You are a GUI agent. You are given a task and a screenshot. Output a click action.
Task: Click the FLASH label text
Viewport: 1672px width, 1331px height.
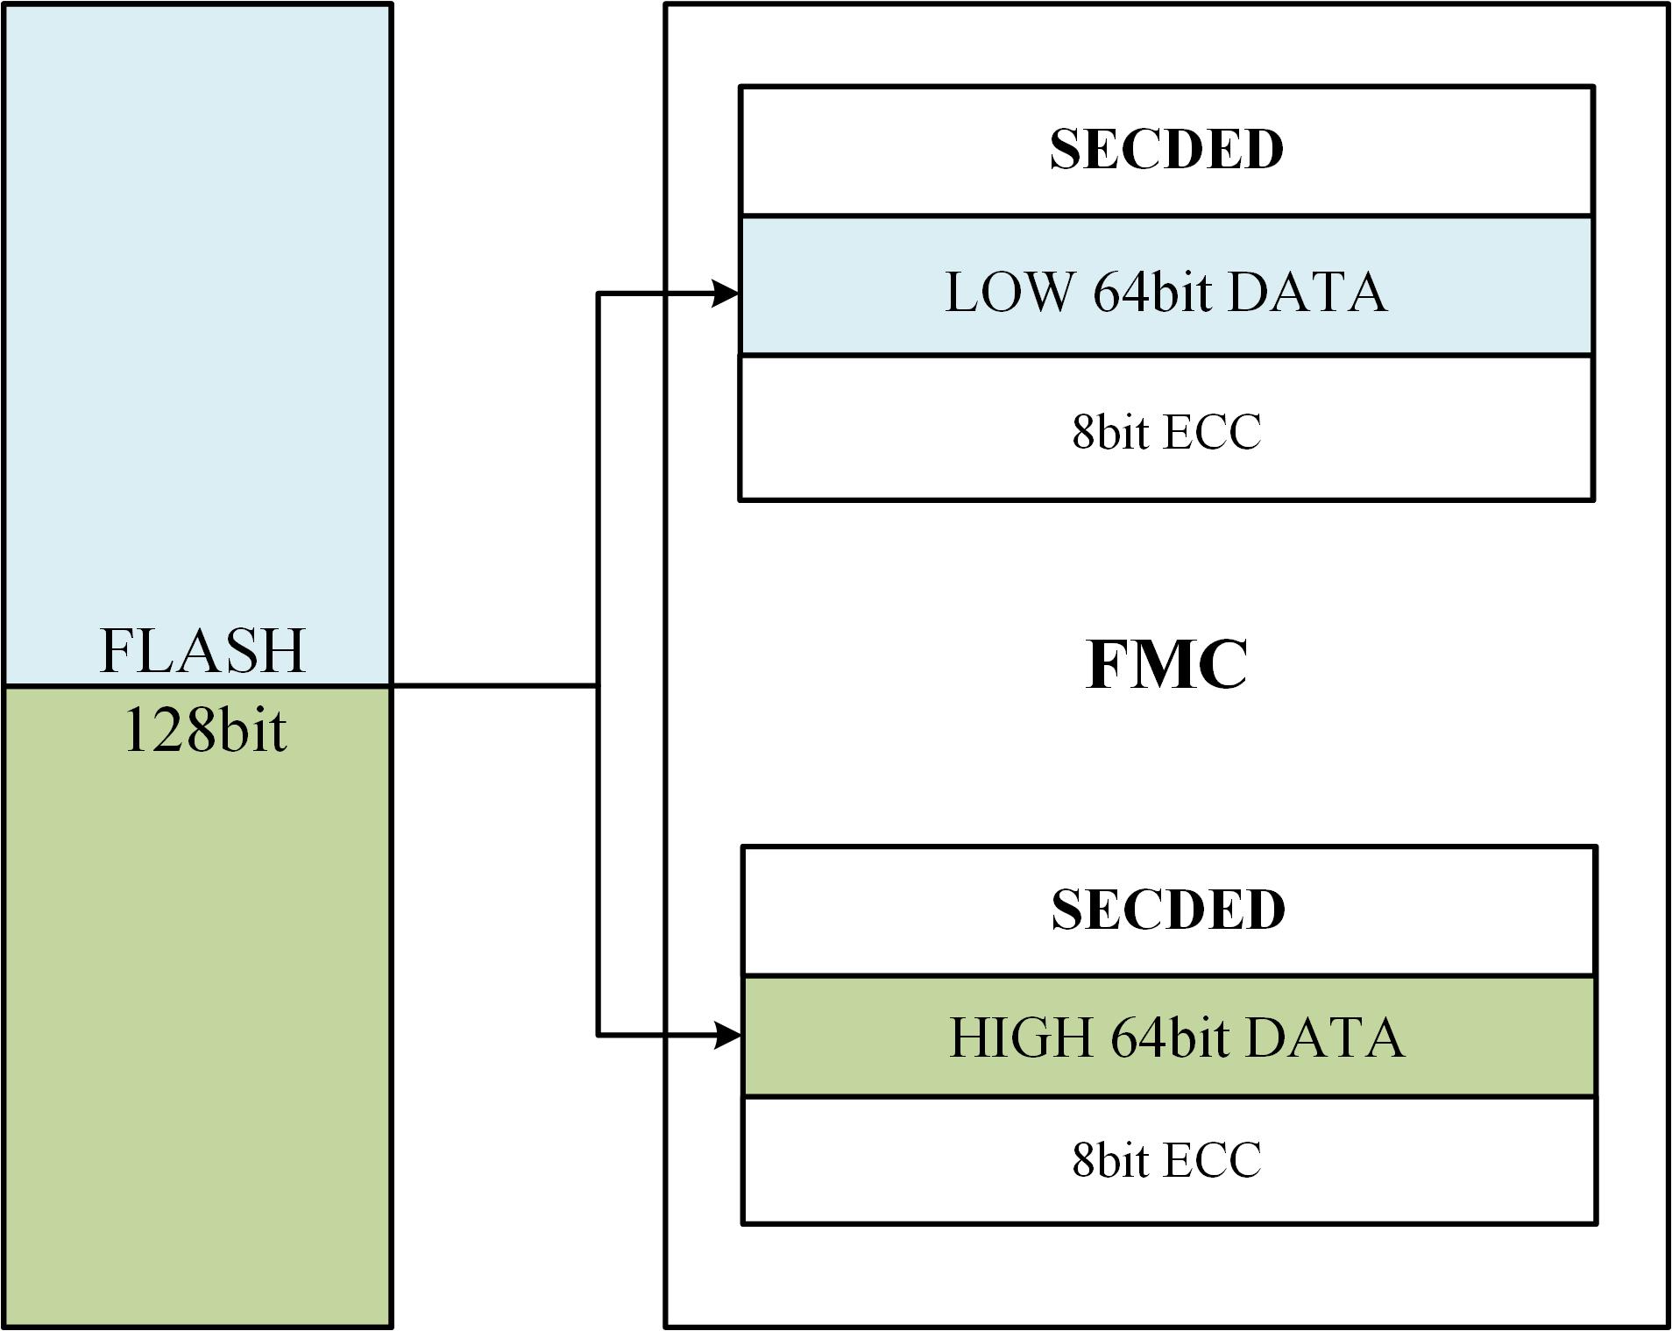(202, 650)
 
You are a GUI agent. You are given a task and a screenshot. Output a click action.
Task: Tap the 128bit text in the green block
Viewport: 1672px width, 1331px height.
(205, 730)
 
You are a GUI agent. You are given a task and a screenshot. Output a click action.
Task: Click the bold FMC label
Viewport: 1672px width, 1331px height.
(1166, 665)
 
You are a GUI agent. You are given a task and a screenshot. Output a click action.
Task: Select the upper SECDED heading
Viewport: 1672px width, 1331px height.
(1166, 149)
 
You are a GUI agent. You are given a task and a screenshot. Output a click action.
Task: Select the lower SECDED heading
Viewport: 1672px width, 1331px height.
(1168, 910)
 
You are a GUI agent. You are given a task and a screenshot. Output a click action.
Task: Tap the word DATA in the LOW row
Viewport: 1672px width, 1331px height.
(1307, 292)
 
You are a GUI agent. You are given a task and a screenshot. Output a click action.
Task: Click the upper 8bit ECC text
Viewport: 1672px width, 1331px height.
(1166, 431)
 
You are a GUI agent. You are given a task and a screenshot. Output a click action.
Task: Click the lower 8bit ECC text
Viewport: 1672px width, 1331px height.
(1166, 1159)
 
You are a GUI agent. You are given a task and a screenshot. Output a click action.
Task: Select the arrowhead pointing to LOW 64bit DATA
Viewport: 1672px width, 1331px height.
(726, 294)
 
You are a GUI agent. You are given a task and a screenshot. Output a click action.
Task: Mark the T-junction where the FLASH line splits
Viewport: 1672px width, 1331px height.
(598, 685)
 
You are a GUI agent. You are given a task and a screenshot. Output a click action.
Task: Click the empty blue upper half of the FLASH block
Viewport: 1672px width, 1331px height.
(197, 307)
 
